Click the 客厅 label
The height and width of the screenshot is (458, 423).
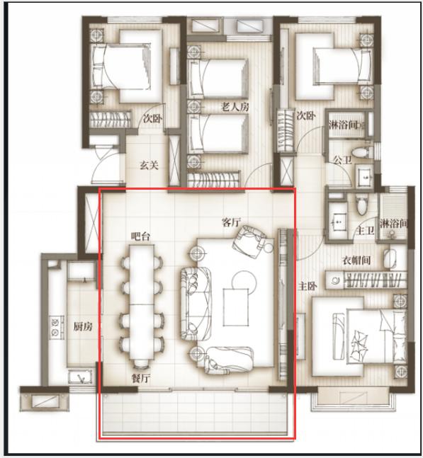[x=231, y=222]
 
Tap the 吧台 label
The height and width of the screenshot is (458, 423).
[x=140, y=236]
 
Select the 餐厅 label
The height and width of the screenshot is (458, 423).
[x=141, y=379]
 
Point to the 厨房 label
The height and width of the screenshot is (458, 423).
[x=83, y=326]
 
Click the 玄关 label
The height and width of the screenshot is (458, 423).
[x=149, y=166]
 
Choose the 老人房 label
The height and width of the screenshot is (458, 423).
[x=235, y=107]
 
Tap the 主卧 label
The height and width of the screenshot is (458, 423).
[x=308, y=286]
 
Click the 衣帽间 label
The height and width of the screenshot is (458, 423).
[x=356, y=260]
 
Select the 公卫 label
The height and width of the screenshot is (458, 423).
[x=342, y=160]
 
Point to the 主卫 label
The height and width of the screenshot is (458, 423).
[x=365, y=231]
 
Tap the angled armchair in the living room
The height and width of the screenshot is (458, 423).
[x=250, y=241]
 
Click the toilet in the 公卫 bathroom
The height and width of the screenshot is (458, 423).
[x=362, y=152]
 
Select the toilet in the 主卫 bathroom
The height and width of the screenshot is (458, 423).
[x=362, y=205]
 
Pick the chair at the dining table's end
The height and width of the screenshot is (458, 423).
[x=142, y=363]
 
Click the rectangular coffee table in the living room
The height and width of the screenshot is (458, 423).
[x=236, y=307]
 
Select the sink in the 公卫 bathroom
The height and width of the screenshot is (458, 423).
[x=364, y=176]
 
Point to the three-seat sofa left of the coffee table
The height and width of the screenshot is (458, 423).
[x=196, y=303]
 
